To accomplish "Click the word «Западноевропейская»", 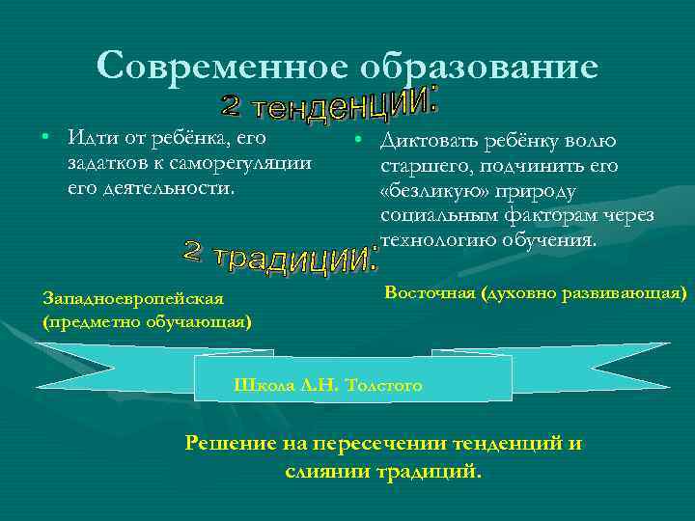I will pos(134,298).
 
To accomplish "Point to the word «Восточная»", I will pos(430,291).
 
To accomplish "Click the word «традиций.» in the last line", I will pos(431,472).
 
